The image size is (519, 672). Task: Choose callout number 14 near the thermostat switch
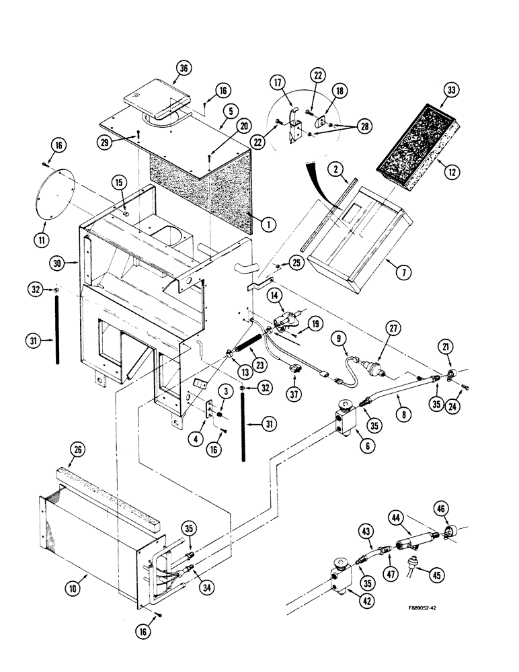[275, 296]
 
